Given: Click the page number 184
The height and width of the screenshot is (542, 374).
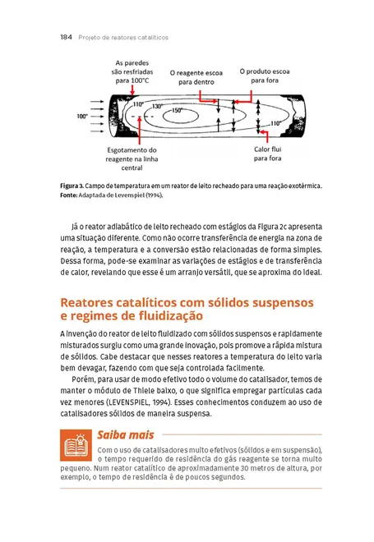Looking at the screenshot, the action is (68, 37).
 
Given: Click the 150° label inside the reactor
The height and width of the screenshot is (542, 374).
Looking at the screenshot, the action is (178, 111).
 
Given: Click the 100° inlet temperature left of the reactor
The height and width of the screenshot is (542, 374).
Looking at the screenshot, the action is (82, 117).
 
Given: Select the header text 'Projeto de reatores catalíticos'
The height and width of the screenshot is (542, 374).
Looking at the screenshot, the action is (123, 37).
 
